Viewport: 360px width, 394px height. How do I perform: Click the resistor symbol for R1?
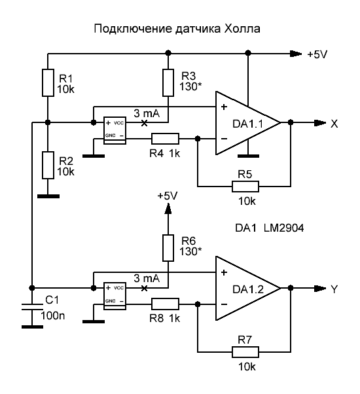[x=48, y=82]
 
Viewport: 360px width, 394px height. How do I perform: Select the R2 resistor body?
[x=48, y=165]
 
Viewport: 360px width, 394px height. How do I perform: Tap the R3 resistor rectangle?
[x=168, y=82]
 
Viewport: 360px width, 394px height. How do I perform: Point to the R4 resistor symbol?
[x=165, y=139]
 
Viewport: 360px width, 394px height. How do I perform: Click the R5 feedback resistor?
[x=245, y=187]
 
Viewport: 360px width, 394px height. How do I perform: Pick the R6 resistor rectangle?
[x=168, y=248]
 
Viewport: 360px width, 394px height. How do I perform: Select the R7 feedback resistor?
[x=245, y=352]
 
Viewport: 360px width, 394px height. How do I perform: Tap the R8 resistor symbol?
[x=165, y=304]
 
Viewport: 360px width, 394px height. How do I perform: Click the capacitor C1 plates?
[x=32, y=306]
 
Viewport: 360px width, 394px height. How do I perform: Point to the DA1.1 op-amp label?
[x=247, y=124]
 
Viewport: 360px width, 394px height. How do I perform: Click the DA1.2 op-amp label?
[x=248, y=289]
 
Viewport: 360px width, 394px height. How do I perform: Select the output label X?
[x=334, y=124]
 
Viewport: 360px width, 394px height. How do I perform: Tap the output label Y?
[x=334, y=289]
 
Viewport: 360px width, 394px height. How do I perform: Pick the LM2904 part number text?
[x=283, y=228]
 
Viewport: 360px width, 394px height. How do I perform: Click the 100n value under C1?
[x=53, y=315]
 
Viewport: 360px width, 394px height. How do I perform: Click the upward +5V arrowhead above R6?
[x=168, y=208]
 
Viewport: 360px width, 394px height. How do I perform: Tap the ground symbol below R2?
[x=48, y=196]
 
